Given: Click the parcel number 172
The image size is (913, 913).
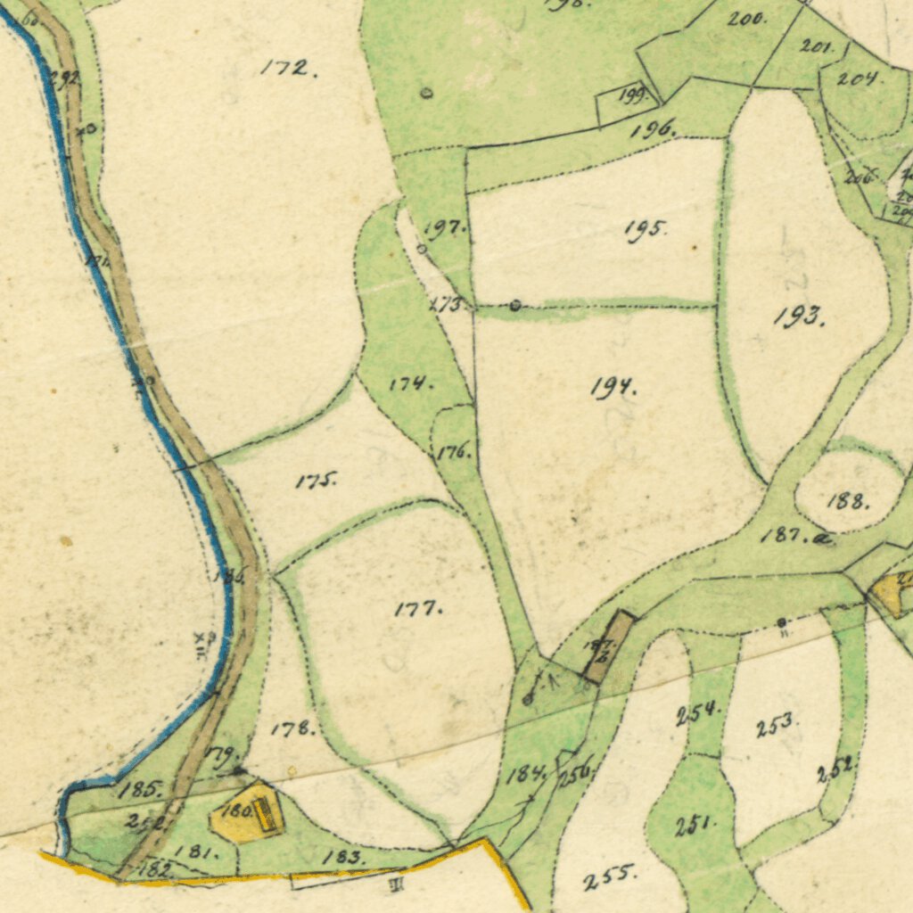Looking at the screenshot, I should coord(287,68).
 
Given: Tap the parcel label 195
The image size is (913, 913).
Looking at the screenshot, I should coord(645,229).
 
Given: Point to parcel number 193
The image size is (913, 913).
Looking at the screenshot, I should coord(798,316).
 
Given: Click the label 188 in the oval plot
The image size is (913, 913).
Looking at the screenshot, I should coord(846,501).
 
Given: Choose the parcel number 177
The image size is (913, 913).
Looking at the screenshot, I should coord(417,609).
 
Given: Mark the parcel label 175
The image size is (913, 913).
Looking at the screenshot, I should coord(316,481).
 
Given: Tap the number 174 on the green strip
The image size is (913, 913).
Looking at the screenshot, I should coord(411,383).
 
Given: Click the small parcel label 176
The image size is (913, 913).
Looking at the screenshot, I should coord(454,452).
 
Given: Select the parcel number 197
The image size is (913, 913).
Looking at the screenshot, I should coord(444,228).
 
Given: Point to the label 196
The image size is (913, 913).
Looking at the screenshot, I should coord(653,130).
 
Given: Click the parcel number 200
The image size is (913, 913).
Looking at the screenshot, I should coord(746,18).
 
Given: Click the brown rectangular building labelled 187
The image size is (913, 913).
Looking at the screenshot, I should coord(609,648).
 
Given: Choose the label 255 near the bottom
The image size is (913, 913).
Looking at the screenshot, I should coord(610,878).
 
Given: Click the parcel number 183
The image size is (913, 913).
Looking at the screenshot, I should coord(343,857).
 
